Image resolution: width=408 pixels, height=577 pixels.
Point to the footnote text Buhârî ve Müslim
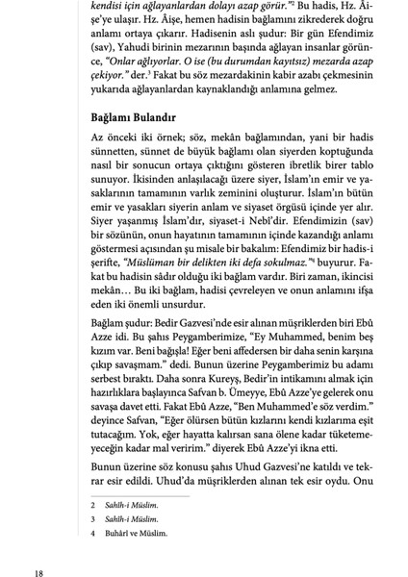coord(140,533)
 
